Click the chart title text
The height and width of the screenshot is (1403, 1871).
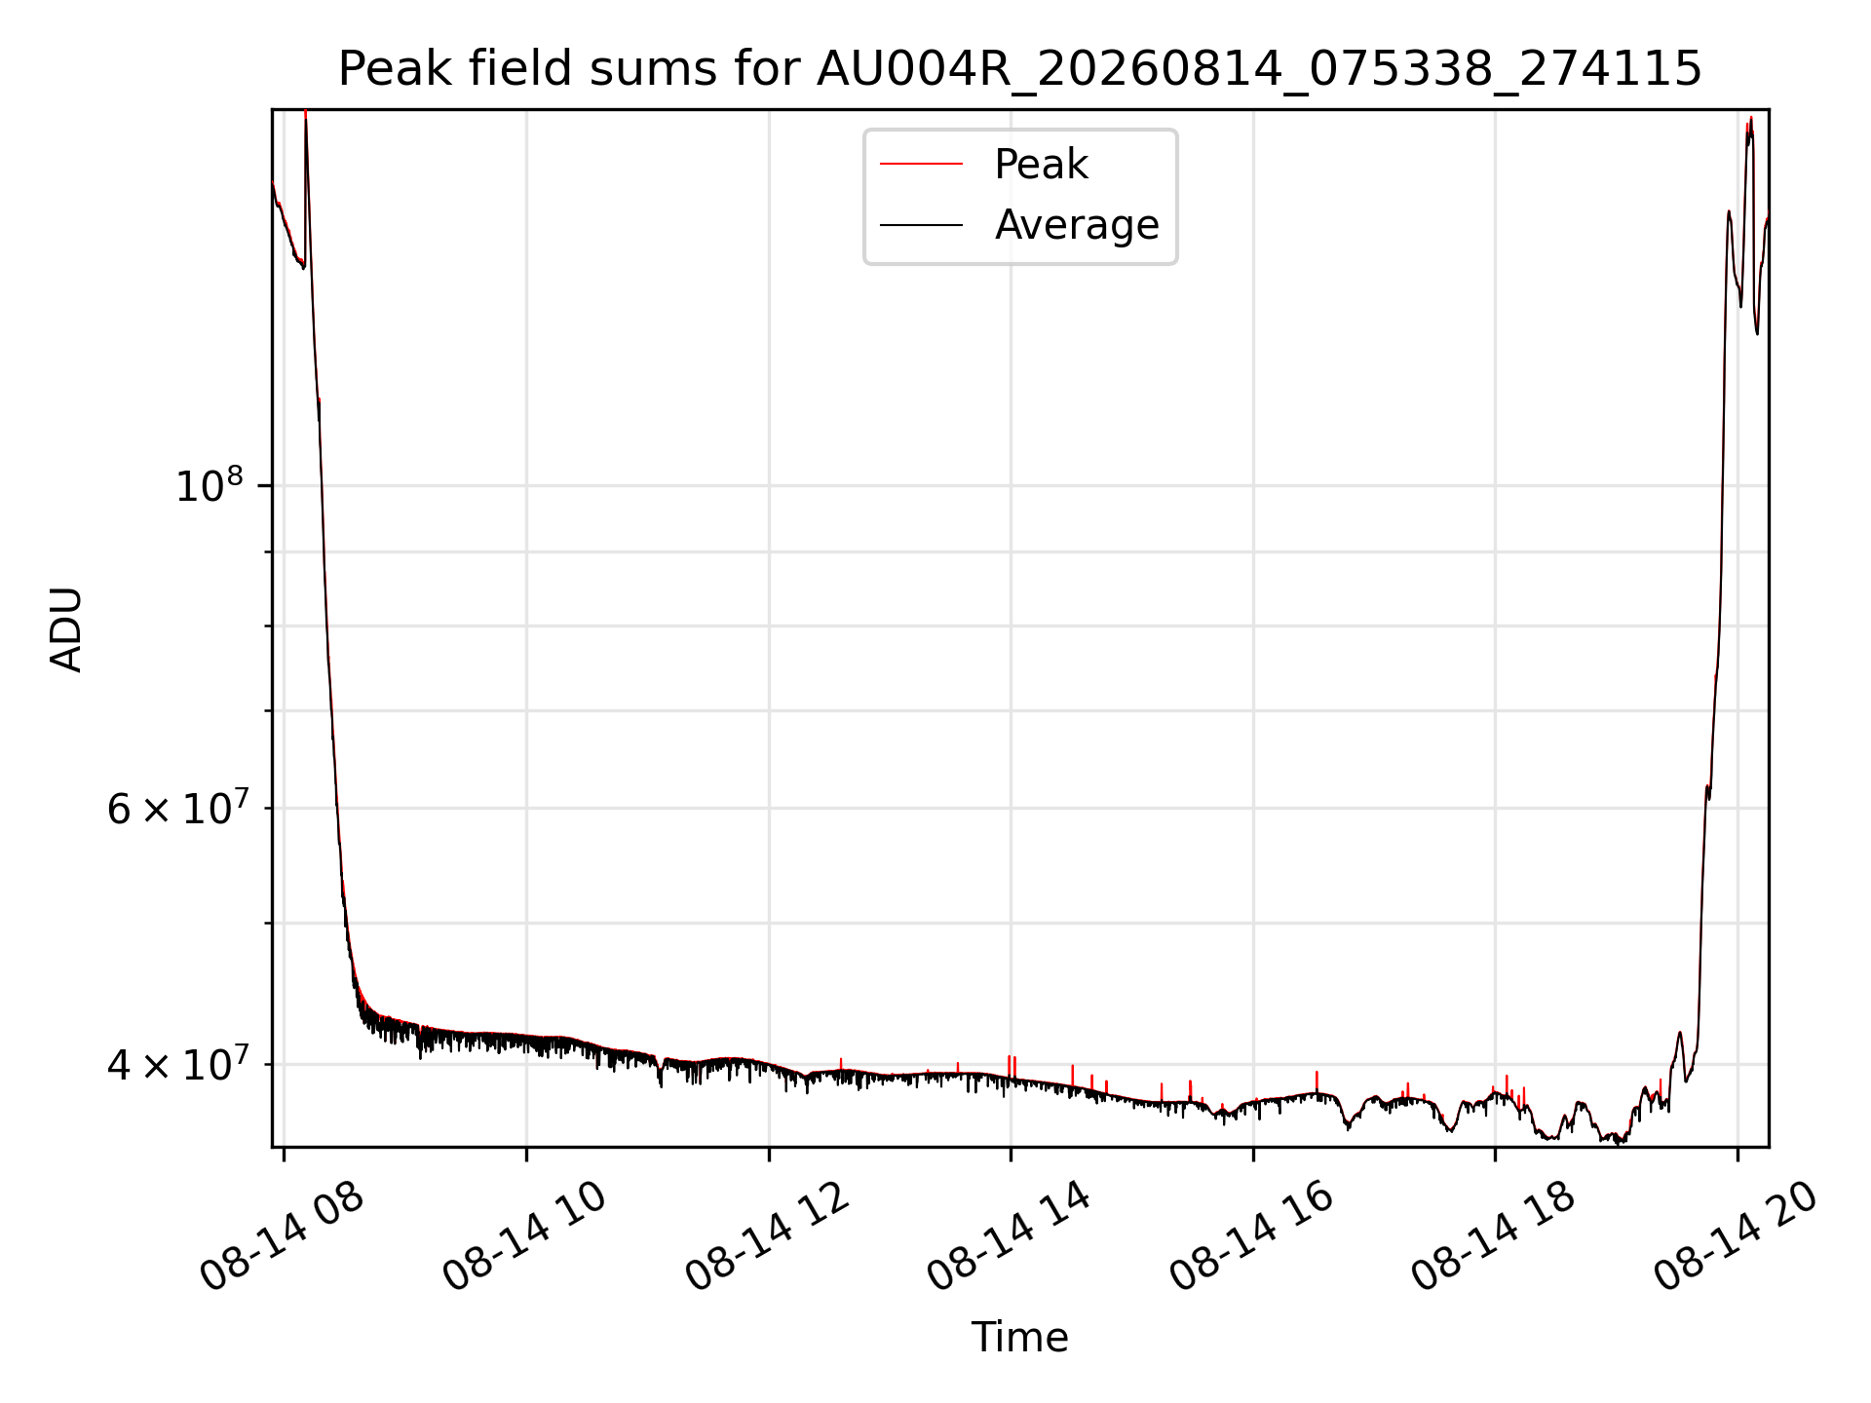(x=1019, y=69)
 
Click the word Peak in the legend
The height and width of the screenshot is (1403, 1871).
(x=1041, y=165)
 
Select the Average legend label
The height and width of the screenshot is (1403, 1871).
(x=1077, y=225)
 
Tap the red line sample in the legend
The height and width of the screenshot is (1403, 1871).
(x=921, y=165)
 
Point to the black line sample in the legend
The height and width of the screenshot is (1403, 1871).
(x=921, y=225)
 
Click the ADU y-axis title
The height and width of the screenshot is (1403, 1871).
(x=66, y=628)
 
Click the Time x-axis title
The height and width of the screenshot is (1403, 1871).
(x=1019, y=1338)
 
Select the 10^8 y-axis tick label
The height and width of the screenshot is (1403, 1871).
(x=209, y=484)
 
